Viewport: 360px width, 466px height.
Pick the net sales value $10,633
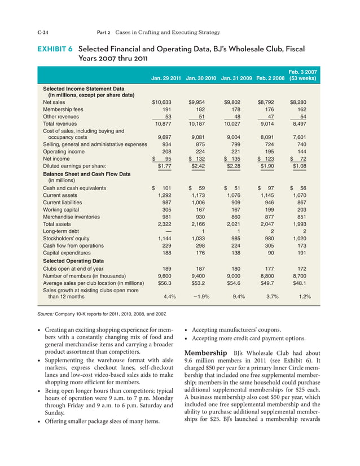[x=163, y=102]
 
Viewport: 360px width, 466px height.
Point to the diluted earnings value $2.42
[x=198, y=166]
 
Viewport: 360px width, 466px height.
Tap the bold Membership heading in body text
[x=210, y=354]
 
